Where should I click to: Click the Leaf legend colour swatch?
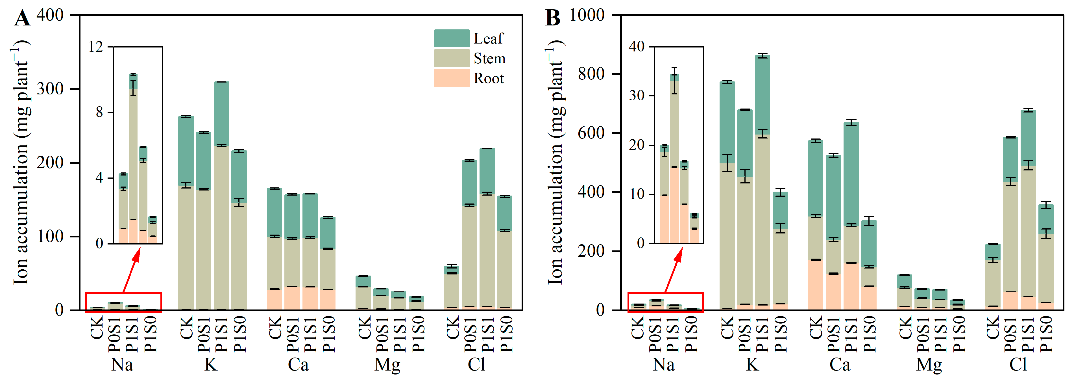point(451,38)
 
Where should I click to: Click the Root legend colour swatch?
point(451,78)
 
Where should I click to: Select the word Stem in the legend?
point(489,59)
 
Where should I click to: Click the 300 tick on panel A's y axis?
point(50,88)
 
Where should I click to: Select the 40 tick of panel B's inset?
point(637,46)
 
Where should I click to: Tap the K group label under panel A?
point(211,365)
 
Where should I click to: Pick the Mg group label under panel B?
point(929,365)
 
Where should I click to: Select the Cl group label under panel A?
point(476,365)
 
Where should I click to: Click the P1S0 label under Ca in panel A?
point(328,334)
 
